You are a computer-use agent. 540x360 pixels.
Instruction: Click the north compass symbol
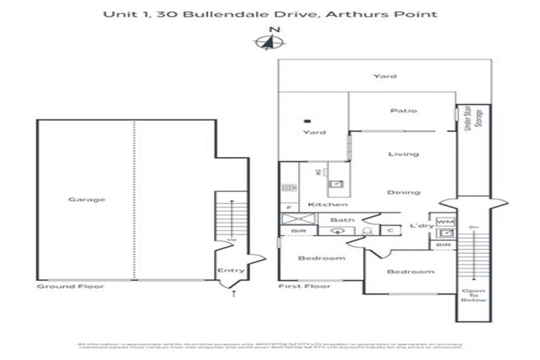pyautogui.click(x=269, y=42)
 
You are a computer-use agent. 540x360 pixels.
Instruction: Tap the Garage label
pyautogui.click(x=86, y=200)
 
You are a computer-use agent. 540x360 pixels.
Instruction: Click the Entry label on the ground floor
pyautogui.click(x=231, y=271)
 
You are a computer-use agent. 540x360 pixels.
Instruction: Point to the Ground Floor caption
pyautogui.click(x=70, y=287)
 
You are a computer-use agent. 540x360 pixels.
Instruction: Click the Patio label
pyautogui.click(x=404, y=110)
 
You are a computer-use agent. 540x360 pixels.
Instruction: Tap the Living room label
pyautogui.click(x=404, y=154)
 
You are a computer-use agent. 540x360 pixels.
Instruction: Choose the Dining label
pyautogui.click(x=404, y=192)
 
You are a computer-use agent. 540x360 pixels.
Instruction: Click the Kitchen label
pyautogui.click(x=328, y=205)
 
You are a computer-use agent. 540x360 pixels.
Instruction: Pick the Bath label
pyautogui.click(x=342, y=220)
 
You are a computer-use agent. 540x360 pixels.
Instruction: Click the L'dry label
pyautogui.click(x=421, y=226)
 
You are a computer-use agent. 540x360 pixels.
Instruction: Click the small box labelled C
pyautogui.click(x=390, y=229)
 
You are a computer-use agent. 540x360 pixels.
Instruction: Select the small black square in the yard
pyautogui.click(x=306, y=121)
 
